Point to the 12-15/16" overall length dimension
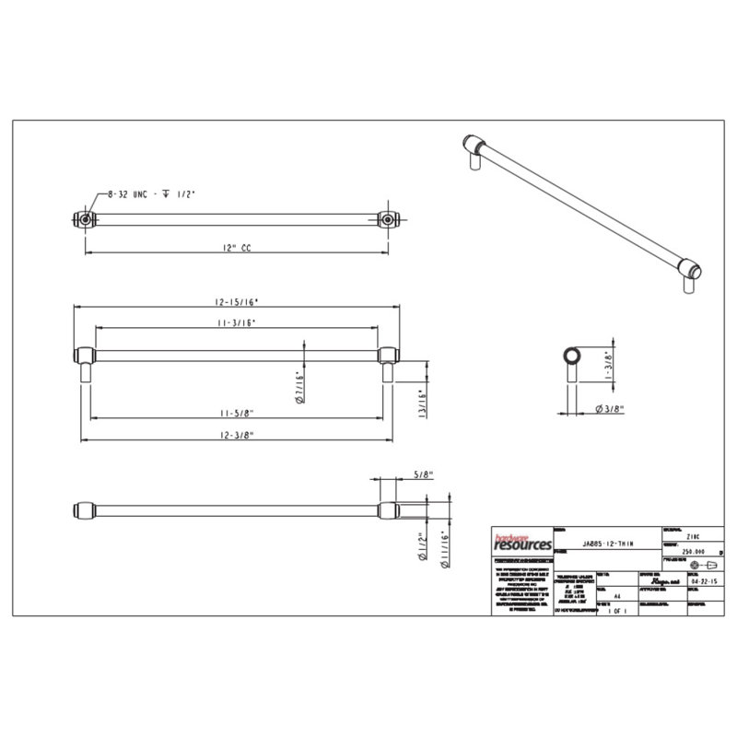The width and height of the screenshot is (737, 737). click(x=234, y=300)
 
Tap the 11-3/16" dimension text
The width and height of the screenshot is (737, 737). click(x=235, y=322)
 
